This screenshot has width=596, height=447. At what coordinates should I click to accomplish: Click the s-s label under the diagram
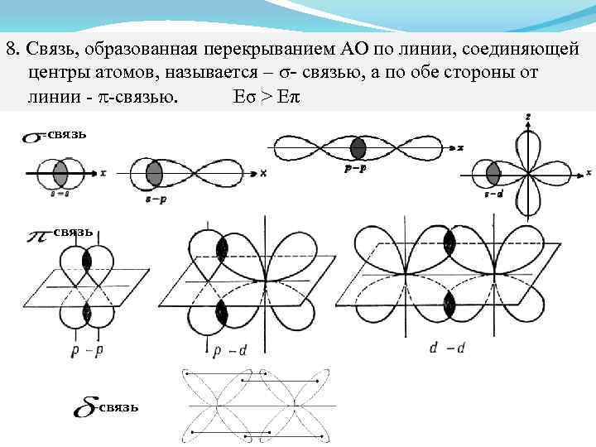(60, 191)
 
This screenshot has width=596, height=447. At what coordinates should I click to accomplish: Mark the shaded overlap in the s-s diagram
(60, 174)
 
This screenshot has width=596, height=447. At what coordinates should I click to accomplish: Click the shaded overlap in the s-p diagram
(154, 174)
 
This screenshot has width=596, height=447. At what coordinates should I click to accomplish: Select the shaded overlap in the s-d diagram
(493, 174)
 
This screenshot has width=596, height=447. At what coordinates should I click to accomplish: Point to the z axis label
(528, 118)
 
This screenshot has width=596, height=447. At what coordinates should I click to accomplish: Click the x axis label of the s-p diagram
(262, 173)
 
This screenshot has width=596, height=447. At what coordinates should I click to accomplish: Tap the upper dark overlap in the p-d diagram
(221, 249)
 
